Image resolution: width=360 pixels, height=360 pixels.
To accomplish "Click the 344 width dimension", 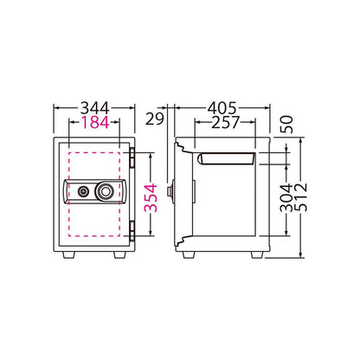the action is [x=95, y=108].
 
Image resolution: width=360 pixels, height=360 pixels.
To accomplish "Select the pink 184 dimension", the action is [x=95, y=122].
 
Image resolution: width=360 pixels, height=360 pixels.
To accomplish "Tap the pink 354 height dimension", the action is [x=151, y=197].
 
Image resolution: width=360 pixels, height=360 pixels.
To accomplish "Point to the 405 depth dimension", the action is [x=222, y=108].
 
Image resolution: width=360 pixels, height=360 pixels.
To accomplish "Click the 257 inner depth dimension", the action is [x=225, y=122].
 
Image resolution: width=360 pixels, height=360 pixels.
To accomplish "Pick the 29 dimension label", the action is [x=154, y=119].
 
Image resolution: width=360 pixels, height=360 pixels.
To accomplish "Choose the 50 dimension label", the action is [x=286, y=124].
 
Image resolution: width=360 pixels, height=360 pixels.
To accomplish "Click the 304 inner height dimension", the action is [x=286, y=197].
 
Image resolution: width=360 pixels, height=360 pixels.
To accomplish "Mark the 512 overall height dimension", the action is [x=301, y=197].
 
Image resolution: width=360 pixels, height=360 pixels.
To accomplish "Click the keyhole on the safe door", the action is [x=83, y=190].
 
